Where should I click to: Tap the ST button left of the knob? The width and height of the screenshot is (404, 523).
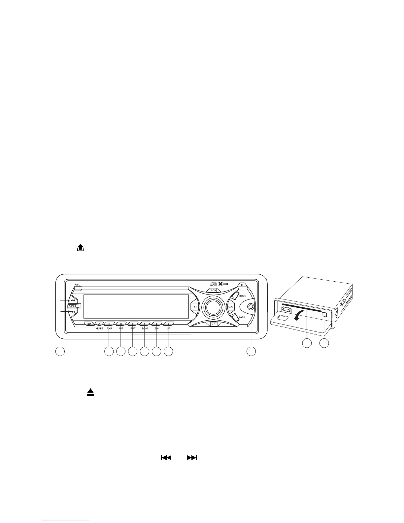[x=195, y=307]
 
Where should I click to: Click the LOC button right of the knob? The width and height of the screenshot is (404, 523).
[x=231, y=307]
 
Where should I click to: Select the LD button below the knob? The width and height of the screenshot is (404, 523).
[x=214, y=324]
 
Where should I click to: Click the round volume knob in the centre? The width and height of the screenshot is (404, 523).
[x=214, y=307]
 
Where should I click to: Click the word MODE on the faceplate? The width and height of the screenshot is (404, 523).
[x=243, y=296]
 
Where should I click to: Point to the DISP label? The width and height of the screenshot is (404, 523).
[x=242, y=317]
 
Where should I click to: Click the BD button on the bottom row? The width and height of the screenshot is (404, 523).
[x=89, y=324]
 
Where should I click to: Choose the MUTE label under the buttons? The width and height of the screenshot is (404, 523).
[x=99, y=329]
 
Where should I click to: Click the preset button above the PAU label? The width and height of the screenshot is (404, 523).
[x=109, y=324]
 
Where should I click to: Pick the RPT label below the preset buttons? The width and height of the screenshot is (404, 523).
[x=133, y=329]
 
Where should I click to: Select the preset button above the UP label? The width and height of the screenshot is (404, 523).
[x=168, y=324]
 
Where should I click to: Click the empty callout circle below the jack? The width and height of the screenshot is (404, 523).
[x=251, y=352]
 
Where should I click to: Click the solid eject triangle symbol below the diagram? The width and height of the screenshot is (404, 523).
[x=90, y=392]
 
